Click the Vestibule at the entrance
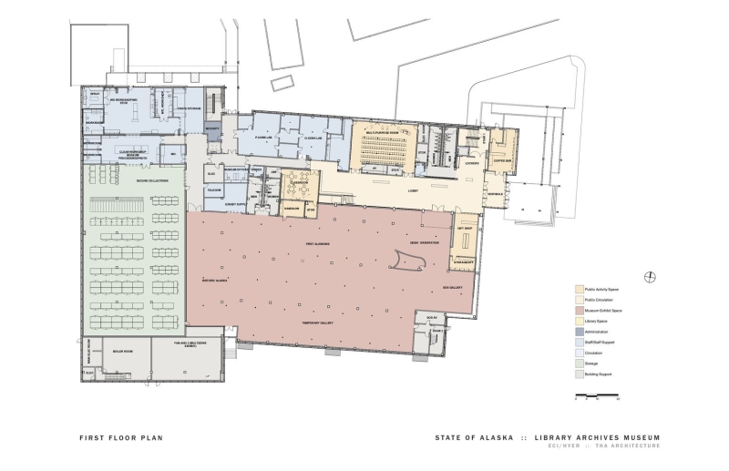click(495, 194)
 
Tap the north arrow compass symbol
click(649, 277)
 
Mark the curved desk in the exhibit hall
click(407, 261)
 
